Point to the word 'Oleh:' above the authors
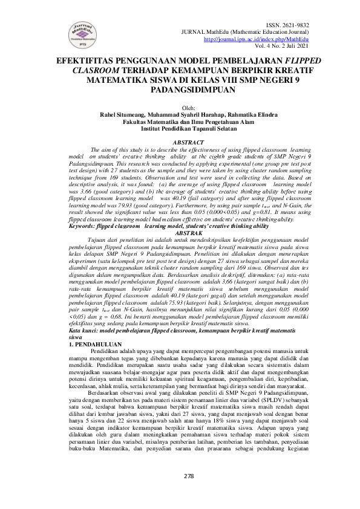[180, 107]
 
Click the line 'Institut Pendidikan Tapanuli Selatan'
[180, 128]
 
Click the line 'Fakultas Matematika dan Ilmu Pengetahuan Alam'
[180, 121]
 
